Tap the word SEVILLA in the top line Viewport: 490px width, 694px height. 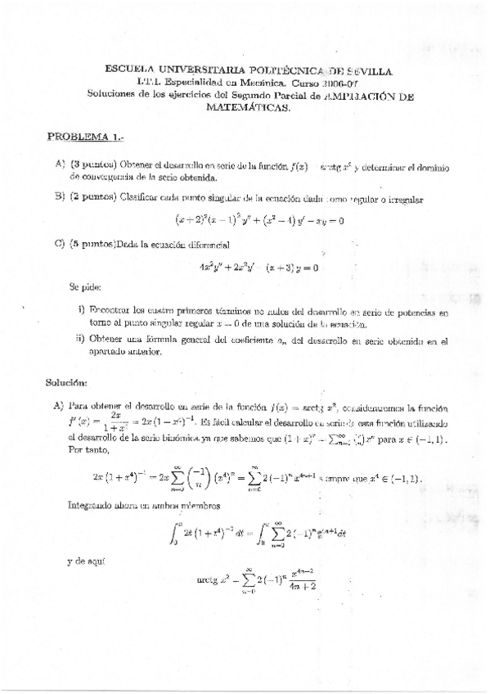[x=369, y=72]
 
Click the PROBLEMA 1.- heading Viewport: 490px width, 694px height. [x=86, y=137]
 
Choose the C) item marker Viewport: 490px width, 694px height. [x=60, y=244]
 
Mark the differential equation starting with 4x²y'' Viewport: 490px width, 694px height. [x=258, y=267]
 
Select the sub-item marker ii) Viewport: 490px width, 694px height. [x=80, y=340]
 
